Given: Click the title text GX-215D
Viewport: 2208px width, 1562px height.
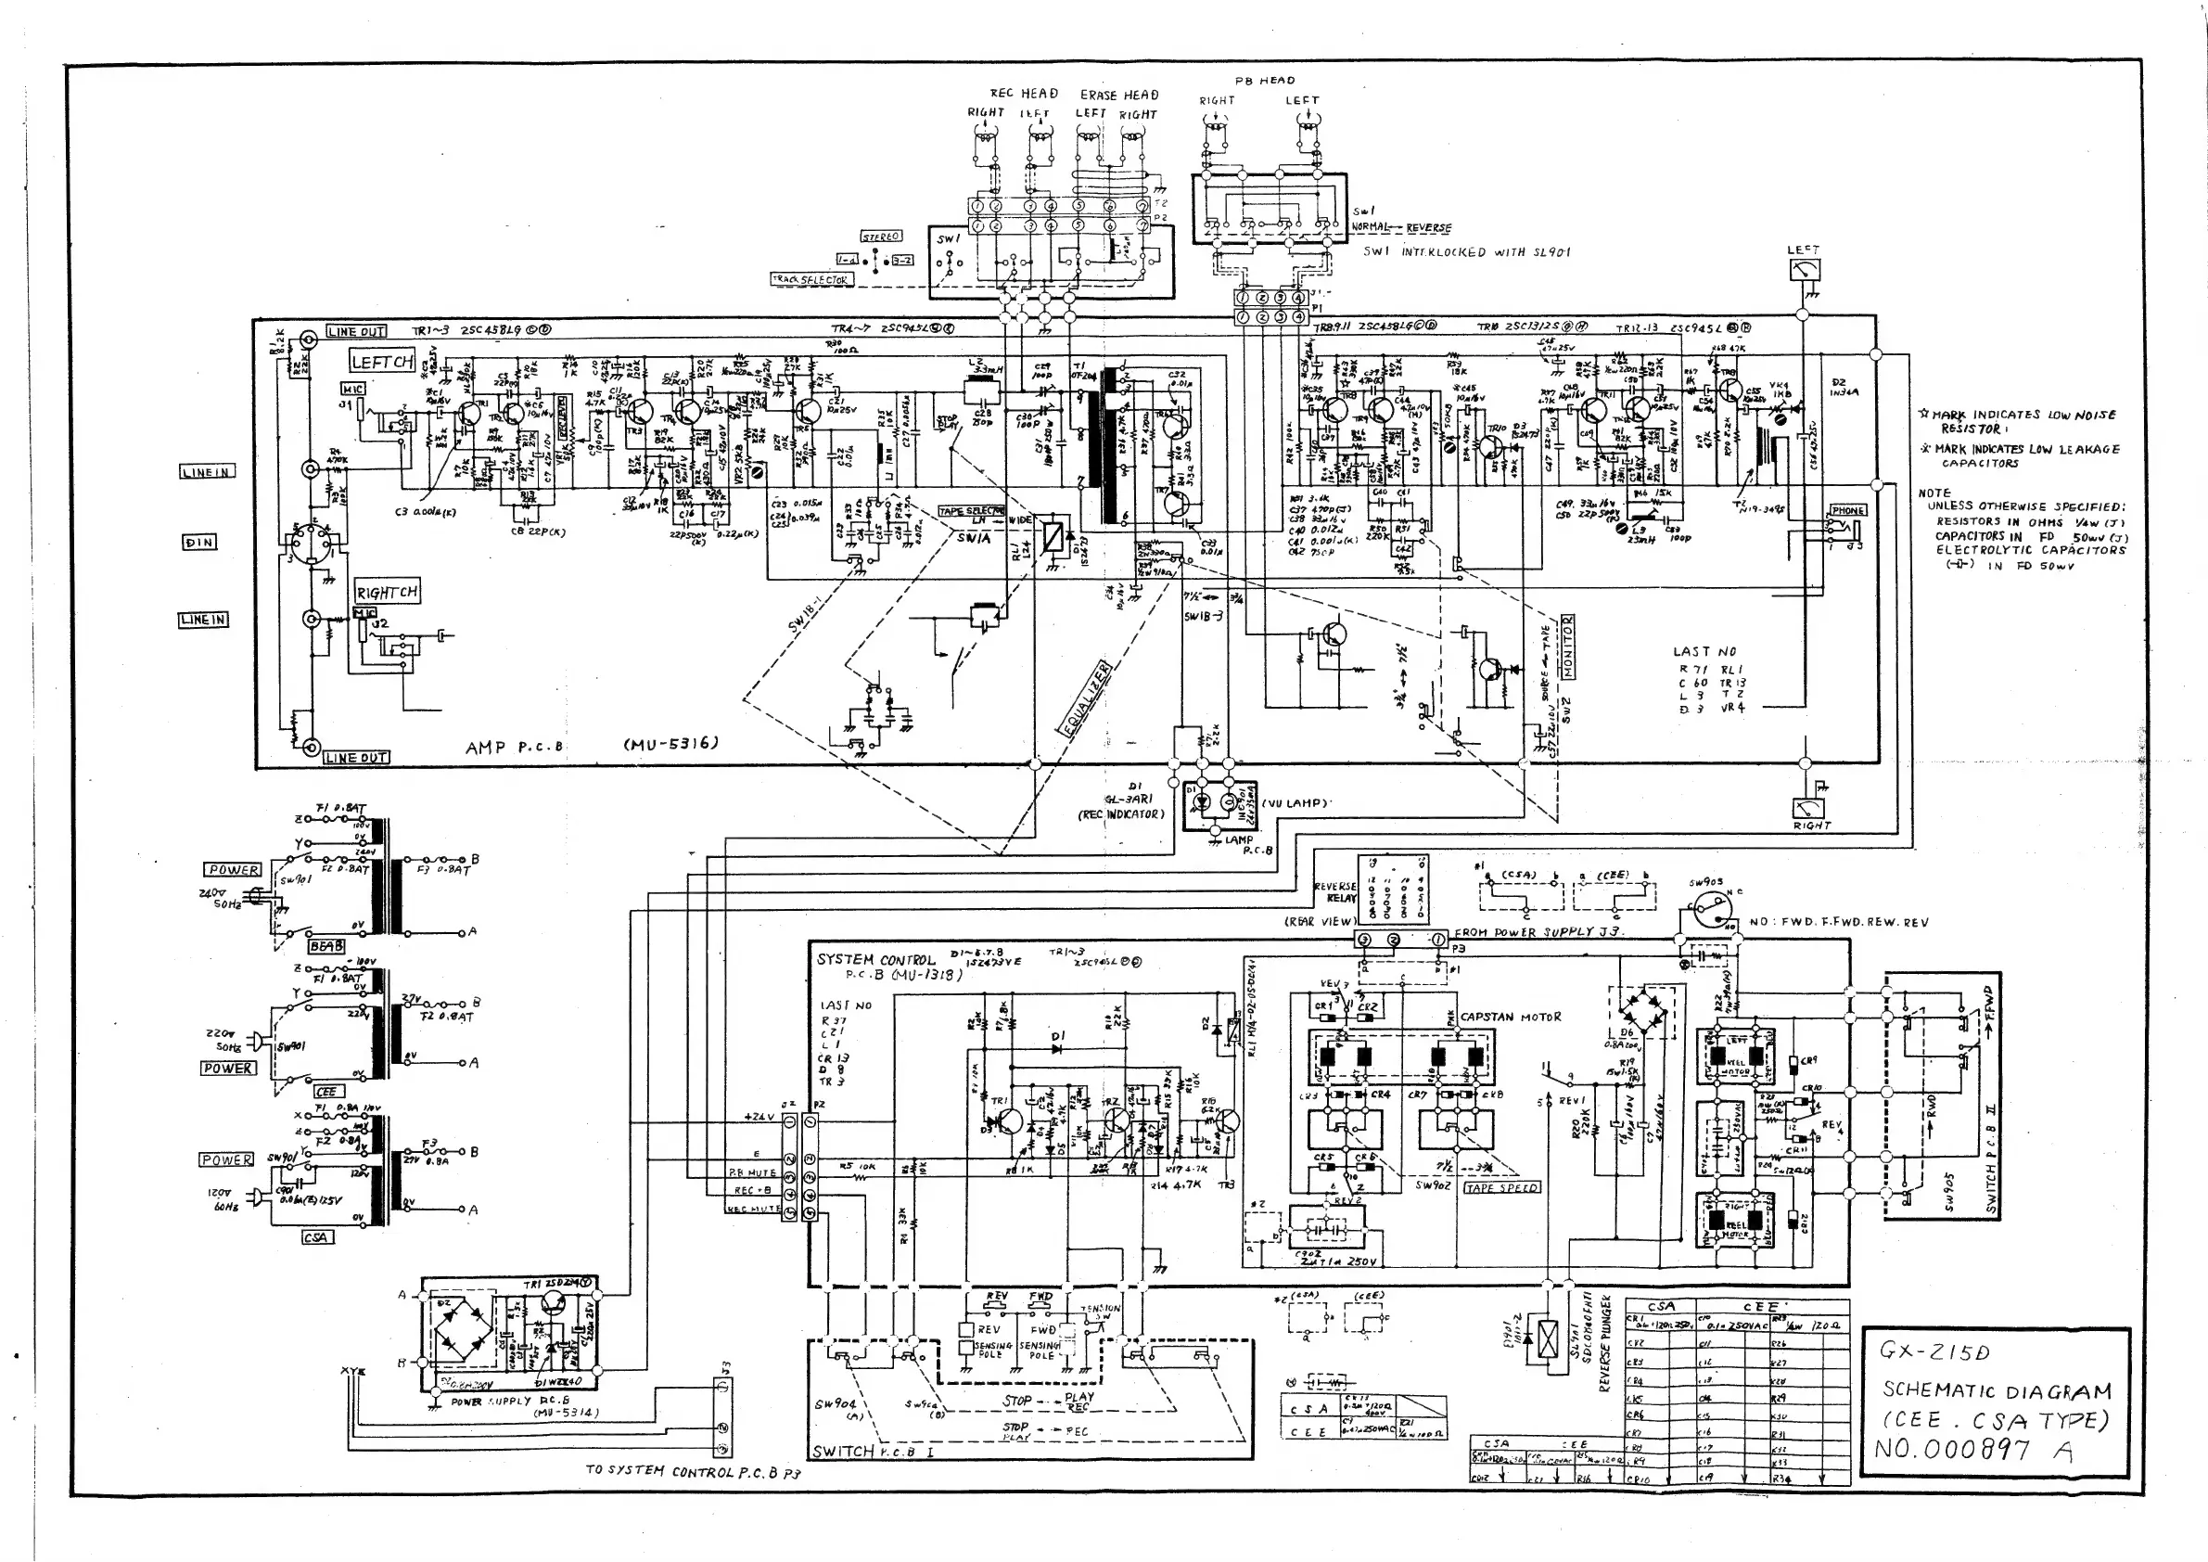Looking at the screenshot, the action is click(1934, 1351).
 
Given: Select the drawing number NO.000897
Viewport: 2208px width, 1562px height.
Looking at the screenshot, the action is click(1952, 1450).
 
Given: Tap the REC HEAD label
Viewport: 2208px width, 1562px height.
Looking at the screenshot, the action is click(1024, 94).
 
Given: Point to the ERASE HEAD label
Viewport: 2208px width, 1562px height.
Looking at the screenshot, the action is click(1119, 96).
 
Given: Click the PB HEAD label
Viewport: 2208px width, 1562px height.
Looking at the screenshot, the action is click(1265, 81).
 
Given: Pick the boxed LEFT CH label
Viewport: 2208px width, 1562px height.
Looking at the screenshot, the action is click(382, 362).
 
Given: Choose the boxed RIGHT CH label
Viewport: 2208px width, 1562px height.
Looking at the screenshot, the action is click(387, 593).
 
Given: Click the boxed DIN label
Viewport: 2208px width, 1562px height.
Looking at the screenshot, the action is click(199, 543).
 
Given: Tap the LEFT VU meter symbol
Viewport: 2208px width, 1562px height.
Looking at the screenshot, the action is click(1804, 270).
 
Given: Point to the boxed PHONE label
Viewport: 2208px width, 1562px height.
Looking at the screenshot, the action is click(1847, 511).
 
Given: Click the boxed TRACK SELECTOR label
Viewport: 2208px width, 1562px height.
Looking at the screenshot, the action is click(810, 280).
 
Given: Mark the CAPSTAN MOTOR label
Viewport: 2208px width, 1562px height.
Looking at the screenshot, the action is click(1511, 1017).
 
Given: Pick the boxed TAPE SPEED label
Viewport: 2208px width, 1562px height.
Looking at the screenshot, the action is click(1501, 1188).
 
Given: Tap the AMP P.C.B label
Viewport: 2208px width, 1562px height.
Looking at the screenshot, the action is click(515, 747).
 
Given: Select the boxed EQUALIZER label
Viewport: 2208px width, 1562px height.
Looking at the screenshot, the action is click(1085, 698).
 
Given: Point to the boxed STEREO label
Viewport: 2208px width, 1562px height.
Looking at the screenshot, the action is click(881, 237).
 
